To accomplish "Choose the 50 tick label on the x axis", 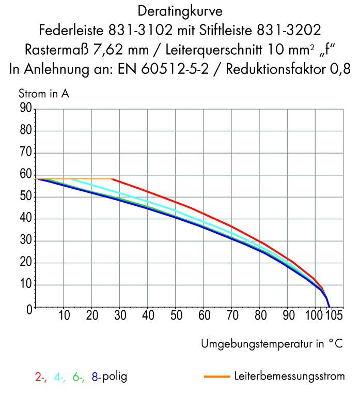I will coord(176,315).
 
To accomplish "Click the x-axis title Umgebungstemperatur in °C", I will coord(272,344).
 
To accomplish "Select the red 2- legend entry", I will coord(40,377).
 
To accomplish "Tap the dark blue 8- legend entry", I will coord(96,377).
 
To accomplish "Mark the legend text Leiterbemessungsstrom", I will coord(289,376).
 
